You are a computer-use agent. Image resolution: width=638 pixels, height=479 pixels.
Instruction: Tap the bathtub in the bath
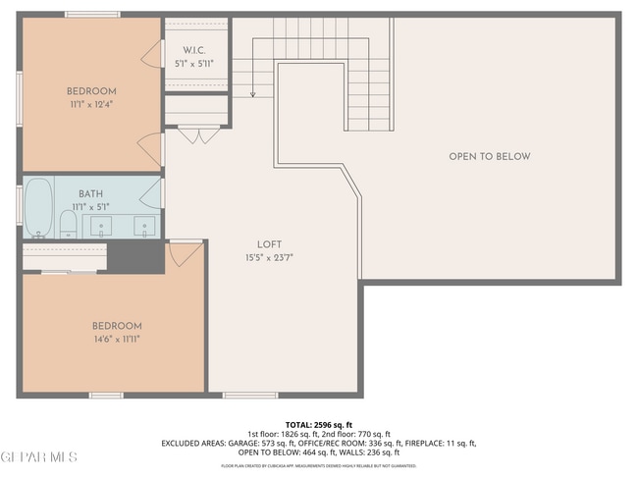tap(38, 208)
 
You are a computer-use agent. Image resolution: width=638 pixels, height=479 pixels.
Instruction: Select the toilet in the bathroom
tap(68, 224)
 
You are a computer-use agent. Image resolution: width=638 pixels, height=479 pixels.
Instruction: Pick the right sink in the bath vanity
tap(144, 227)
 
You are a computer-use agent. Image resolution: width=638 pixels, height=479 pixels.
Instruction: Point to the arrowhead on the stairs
tap(252, 95)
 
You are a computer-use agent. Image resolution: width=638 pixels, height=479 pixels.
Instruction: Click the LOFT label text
tap(270, 245)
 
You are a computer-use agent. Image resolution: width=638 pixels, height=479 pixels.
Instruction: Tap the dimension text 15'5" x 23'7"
tap(270, 258)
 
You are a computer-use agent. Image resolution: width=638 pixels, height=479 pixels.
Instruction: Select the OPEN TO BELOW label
tap(489, 157)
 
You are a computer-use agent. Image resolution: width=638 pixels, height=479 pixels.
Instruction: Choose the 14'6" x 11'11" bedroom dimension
tap(117, 339)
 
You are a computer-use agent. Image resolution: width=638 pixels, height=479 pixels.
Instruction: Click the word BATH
tap(90, 194)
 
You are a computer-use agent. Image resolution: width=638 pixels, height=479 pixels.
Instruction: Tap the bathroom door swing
tap(153, 191)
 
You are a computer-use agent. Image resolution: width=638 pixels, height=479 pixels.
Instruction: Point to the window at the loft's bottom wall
tap(249, 395)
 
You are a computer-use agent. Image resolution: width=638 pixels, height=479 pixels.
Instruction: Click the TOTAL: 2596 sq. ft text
tap(318, 425)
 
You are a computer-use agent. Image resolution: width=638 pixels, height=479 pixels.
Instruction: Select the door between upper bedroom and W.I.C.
tap(153, 55)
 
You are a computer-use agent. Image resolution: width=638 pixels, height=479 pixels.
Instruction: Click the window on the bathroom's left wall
tap(19, 207)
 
